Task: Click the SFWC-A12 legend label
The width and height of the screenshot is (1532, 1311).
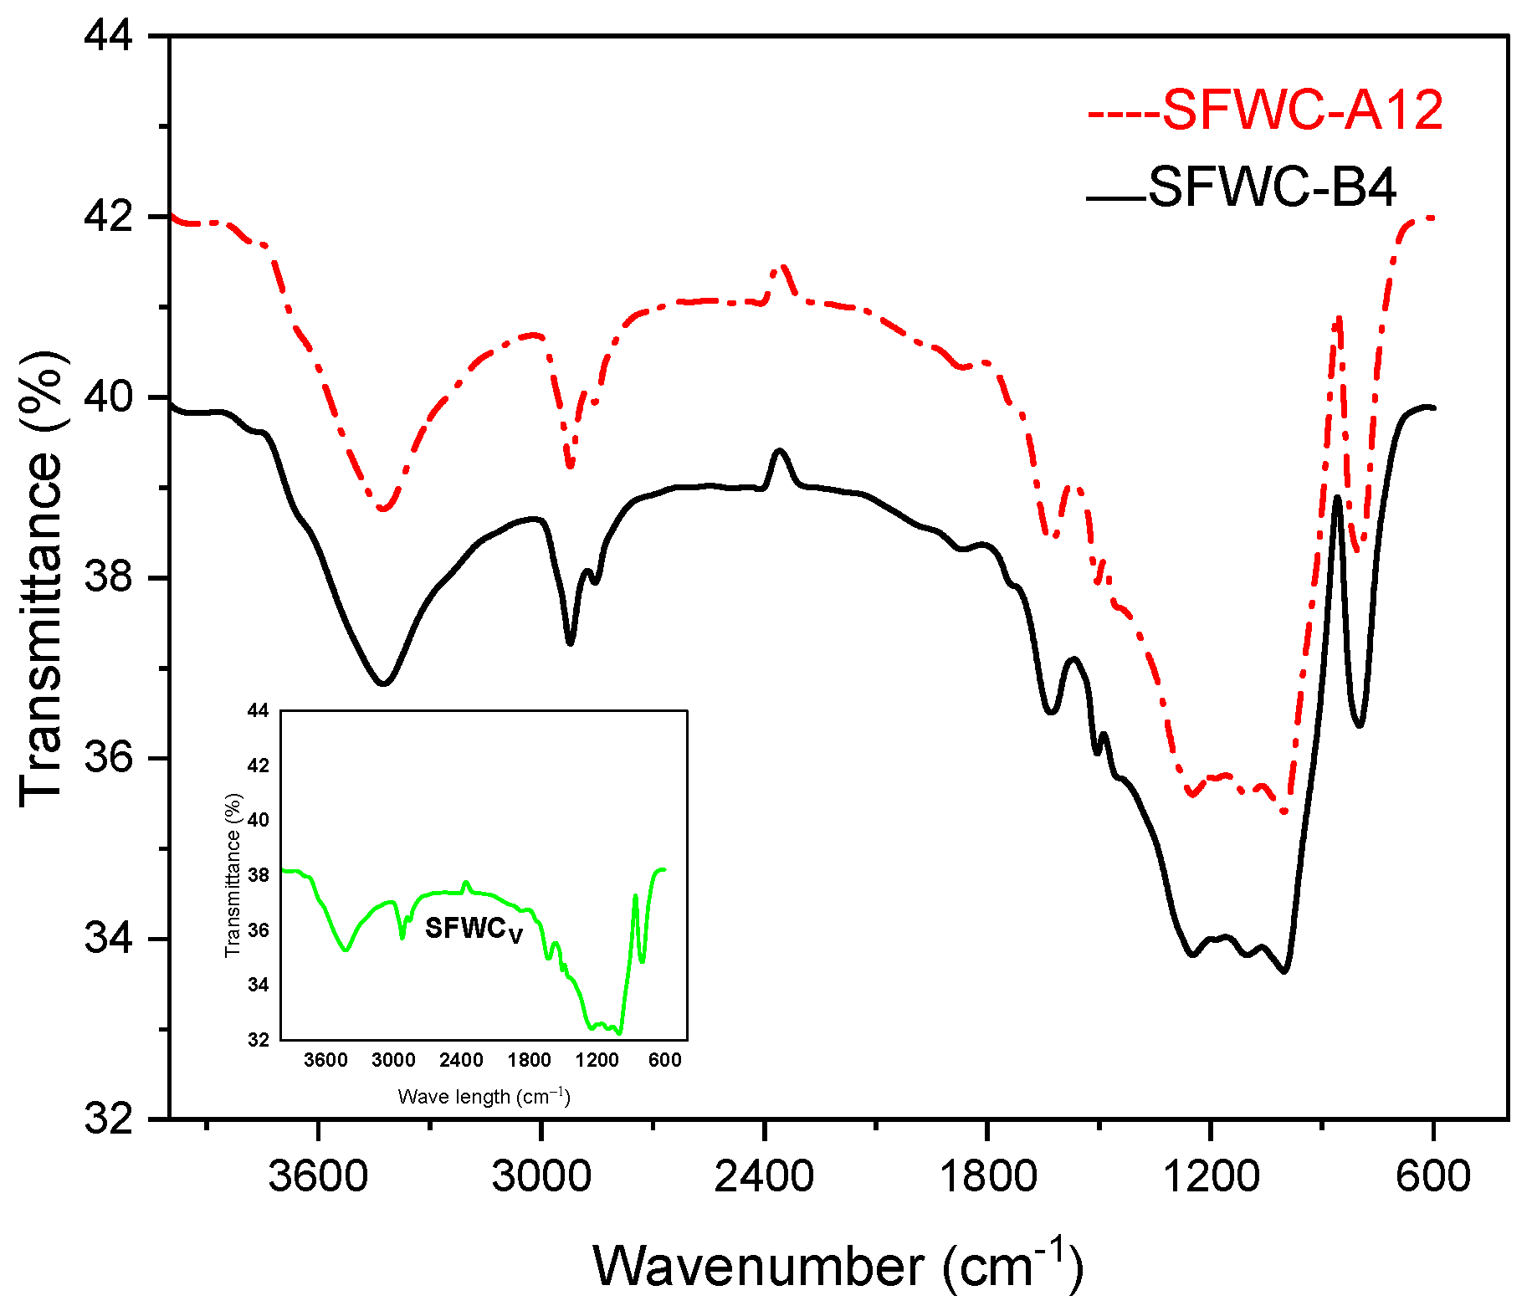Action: [x=1302, y=110]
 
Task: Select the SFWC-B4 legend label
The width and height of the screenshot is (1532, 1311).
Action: [x=1271, y=187]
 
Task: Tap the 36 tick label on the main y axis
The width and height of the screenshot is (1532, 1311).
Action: [x=110, y=758]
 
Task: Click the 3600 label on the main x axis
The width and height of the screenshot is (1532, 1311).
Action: [x=318, y=1175]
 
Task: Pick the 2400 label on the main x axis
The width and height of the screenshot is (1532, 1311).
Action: [x=764, y=1175]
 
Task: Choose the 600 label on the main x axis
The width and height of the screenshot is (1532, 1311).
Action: [x=1432, y=1175]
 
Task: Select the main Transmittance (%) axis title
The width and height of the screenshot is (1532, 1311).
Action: [x=42, y=578]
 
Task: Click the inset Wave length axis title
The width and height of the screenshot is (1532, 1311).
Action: [x=484, y=1096]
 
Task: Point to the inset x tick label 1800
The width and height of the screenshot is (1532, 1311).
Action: [x=529, y=1060]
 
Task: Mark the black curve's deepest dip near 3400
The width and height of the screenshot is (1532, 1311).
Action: [x=383, y=684]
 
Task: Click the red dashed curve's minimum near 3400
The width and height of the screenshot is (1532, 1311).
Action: [x=383, y=509]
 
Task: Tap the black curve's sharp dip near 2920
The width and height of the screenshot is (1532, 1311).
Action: [x=570, y=643]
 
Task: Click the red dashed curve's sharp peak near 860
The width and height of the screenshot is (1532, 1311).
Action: [x=1340, y=318]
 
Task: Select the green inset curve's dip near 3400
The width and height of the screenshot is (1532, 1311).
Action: [x=346, y=950]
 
